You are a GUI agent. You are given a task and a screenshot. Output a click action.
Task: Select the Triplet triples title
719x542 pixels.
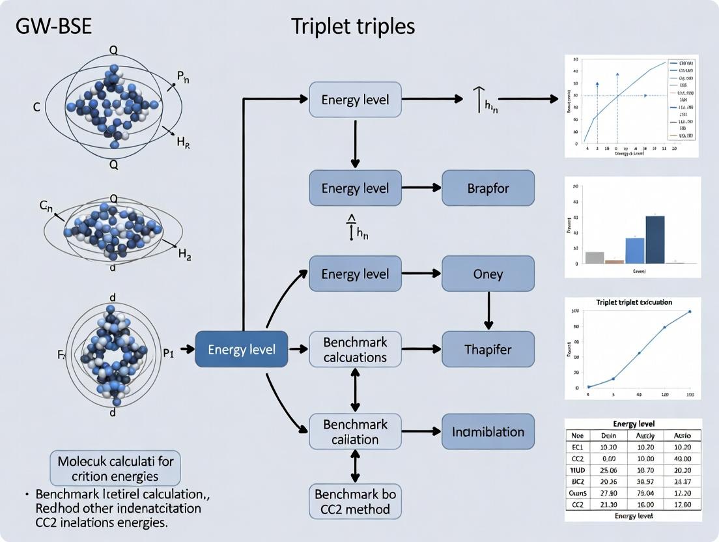[352, 26]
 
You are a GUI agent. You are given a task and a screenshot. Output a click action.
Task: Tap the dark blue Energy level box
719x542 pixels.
[241, 349]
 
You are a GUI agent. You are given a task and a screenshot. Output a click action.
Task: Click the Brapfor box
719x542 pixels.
[488, 188]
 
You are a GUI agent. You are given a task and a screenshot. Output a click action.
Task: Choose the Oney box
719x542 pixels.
[488, 274]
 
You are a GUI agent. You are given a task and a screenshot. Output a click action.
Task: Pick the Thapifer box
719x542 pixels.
[488, 349]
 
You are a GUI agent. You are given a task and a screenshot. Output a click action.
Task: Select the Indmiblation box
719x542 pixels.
[488, 431]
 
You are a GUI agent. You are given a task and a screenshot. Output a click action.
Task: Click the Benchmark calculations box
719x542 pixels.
[355, 349]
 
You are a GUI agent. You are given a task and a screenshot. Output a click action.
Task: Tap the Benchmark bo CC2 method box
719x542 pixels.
[355, 501]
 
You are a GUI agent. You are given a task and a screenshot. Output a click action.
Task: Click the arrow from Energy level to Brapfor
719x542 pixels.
[421, 188]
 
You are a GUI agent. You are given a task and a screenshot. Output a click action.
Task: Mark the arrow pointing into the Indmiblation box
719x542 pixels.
[421, 431]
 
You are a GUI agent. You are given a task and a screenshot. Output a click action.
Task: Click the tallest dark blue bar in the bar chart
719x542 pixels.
[655, 239]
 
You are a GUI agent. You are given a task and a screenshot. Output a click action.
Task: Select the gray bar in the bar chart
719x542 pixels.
[595, 257]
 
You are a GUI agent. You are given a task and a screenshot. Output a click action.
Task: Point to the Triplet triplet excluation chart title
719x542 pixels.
[633, 303]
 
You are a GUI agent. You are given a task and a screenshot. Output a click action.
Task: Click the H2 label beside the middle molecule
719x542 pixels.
[184, 255]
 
